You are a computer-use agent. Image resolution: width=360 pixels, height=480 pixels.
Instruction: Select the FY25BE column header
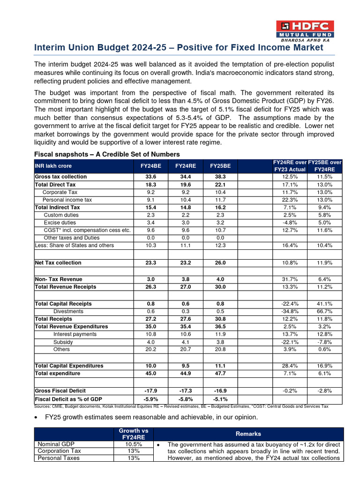pyautogui.click(x=220, y=165)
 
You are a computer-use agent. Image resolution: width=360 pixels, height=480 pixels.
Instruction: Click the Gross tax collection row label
pyautogui.click(x=61, y=177)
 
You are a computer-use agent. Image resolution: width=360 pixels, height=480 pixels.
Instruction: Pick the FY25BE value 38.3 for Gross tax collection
pyautogui.click(x=220, y=177)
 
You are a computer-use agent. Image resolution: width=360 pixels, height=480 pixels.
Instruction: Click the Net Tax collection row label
pyautogui.click(x=58, y=263)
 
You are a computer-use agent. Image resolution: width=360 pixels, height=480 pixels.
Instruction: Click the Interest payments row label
pyautogui.click(x=75, y=334)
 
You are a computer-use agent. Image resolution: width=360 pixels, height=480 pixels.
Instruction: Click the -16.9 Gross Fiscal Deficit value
pyautogui.click(x=220, y=390)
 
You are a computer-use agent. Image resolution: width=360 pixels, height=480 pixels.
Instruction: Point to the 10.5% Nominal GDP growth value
pyautogui.click(x=134, y=444)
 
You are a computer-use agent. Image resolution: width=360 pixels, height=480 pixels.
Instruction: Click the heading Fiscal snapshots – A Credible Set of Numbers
pyautogui.click(x=107, y=155)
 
